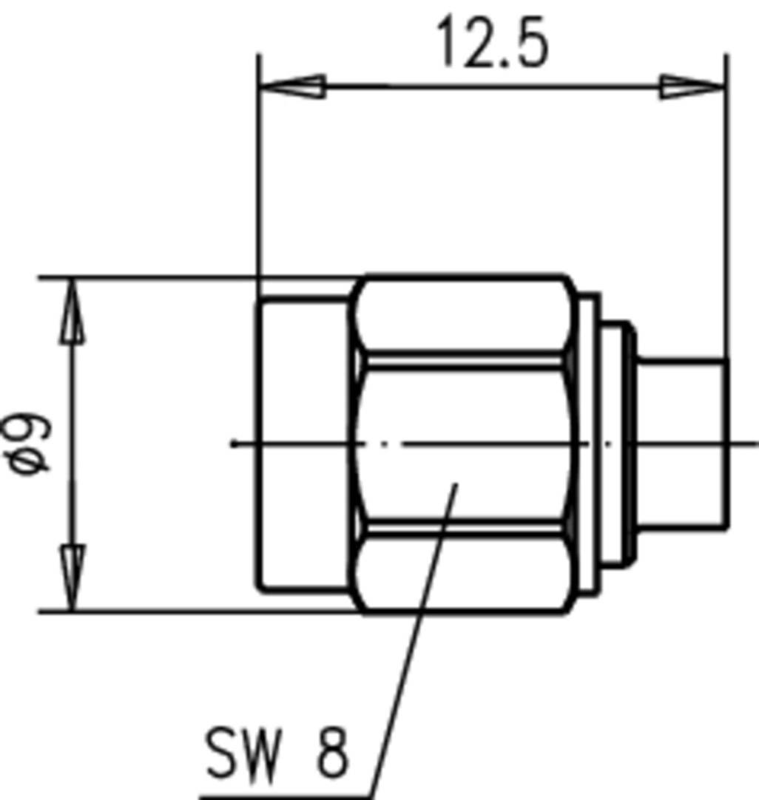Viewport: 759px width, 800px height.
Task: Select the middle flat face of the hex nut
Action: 462,444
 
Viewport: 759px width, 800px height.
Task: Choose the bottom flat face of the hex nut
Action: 462,571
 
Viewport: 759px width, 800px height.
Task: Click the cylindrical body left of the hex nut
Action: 303,444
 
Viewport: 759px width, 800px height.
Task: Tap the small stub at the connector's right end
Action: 682,444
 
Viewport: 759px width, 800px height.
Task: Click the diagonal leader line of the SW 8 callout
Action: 414,636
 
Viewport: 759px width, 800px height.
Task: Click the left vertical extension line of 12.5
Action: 258,185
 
